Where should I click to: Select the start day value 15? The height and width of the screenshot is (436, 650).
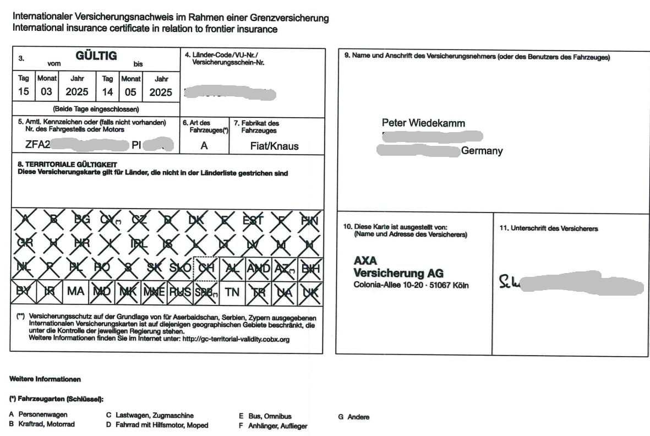(23, 92)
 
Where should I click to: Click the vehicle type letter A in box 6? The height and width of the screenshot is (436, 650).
(204, 146)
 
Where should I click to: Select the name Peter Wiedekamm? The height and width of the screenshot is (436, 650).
(423, 123)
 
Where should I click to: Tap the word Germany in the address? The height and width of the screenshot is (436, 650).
(482, 151)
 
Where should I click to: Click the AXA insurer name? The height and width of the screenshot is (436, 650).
(365, 260)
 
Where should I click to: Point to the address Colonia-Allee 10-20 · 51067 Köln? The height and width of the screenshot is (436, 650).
(411, 285)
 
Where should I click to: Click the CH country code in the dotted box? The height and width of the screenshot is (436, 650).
(207, 269)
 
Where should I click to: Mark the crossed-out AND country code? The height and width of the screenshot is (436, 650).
(259, 269)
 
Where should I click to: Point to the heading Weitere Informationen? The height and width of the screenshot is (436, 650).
(45, 379)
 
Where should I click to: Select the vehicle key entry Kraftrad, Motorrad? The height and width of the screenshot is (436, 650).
(46, 424)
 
